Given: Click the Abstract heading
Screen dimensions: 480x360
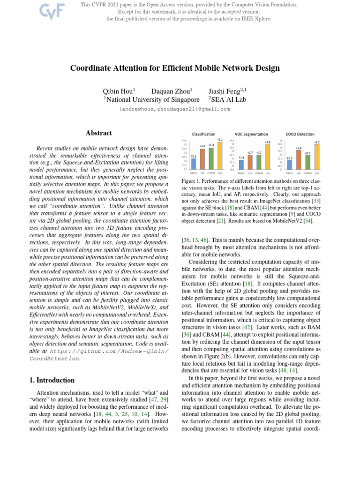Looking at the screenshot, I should click(99, 133).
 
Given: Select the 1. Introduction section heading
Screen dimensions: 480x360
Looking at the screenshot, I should click(50, 380).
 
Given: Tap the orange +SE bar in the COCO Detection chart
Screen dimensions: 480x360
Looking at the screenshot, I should click(299, 159).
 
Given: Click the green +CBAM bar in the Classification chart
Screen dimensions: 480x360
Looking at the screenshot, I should click(211, 159).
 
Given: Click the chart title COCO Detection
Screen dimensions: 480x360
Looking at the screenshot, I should click(300, 134).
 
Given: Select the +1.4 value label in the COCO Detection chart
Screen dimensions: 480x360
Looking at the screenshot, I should click(299, 148).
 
